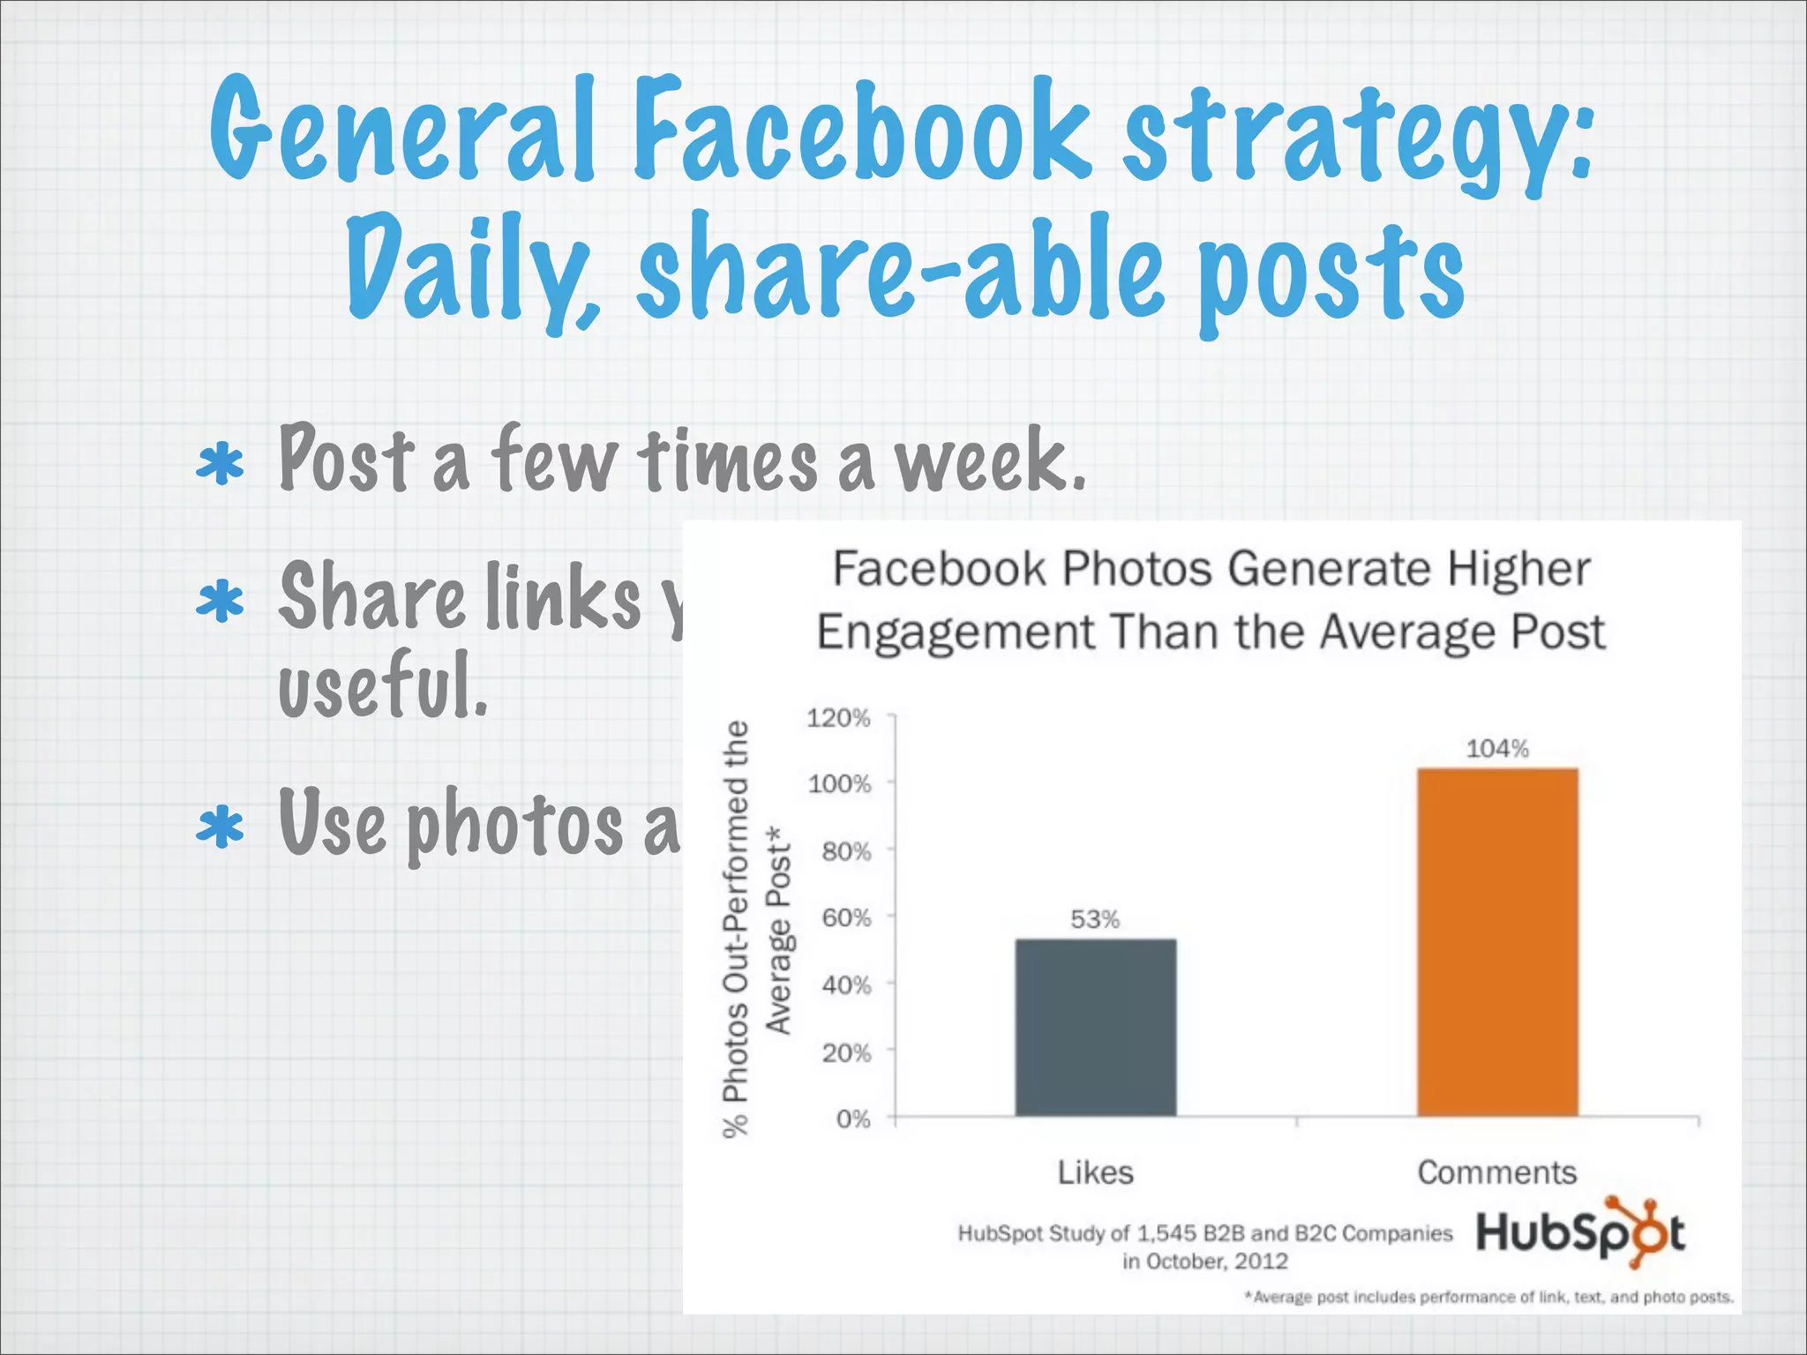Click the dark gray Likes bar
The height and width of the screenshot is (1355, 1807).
coord(1095,1028)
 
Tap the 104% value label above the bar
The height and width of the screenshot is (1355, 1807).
coord(1497,749)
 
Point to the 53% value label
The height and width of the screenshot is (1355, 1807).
coord(1095,919)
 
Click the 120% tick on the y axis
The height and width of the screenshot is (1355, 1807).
coord(838,718)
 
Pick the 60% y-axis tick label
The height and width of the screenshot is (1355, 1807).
coord(846,918)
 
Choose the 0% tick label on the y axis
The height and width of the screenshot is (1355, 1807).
coord(853,1119)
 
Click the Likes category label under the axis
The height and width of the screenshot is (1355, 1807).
coord(1095,1172)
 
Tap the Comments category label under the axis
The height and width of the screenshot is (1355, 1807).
coord(1496,1172)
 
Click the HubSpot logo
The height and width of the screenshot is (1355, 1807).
coord(1580,1232)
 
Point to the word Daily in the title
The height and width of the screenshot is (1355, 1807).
coord(472,269)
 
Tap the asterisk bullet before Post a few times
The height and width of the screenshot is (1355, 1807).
coord(220,465)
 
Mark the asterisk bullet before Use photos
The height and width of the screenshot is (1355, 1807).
coord(220,827)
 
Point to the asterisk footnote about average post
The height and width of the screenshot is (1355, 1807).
coord(1488,1297)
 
